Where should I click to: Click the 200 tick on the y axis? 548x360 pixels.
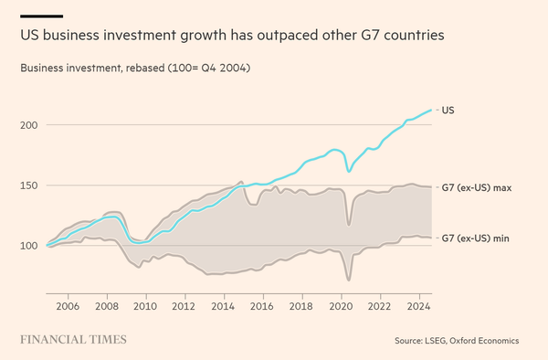(x=28, y=125)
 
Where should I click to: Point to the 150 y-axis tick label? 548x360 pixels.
(x=28, y=185)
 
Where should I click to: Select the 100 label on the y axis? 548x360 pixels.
(x=28, y=246)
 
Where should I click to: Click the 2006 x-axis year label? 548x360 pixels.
(x=68, y=308)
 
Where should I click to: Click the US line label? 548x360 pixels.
(x=448, y=110)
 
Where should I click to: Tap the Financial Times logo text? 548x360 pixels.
(x=74, y=340)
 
